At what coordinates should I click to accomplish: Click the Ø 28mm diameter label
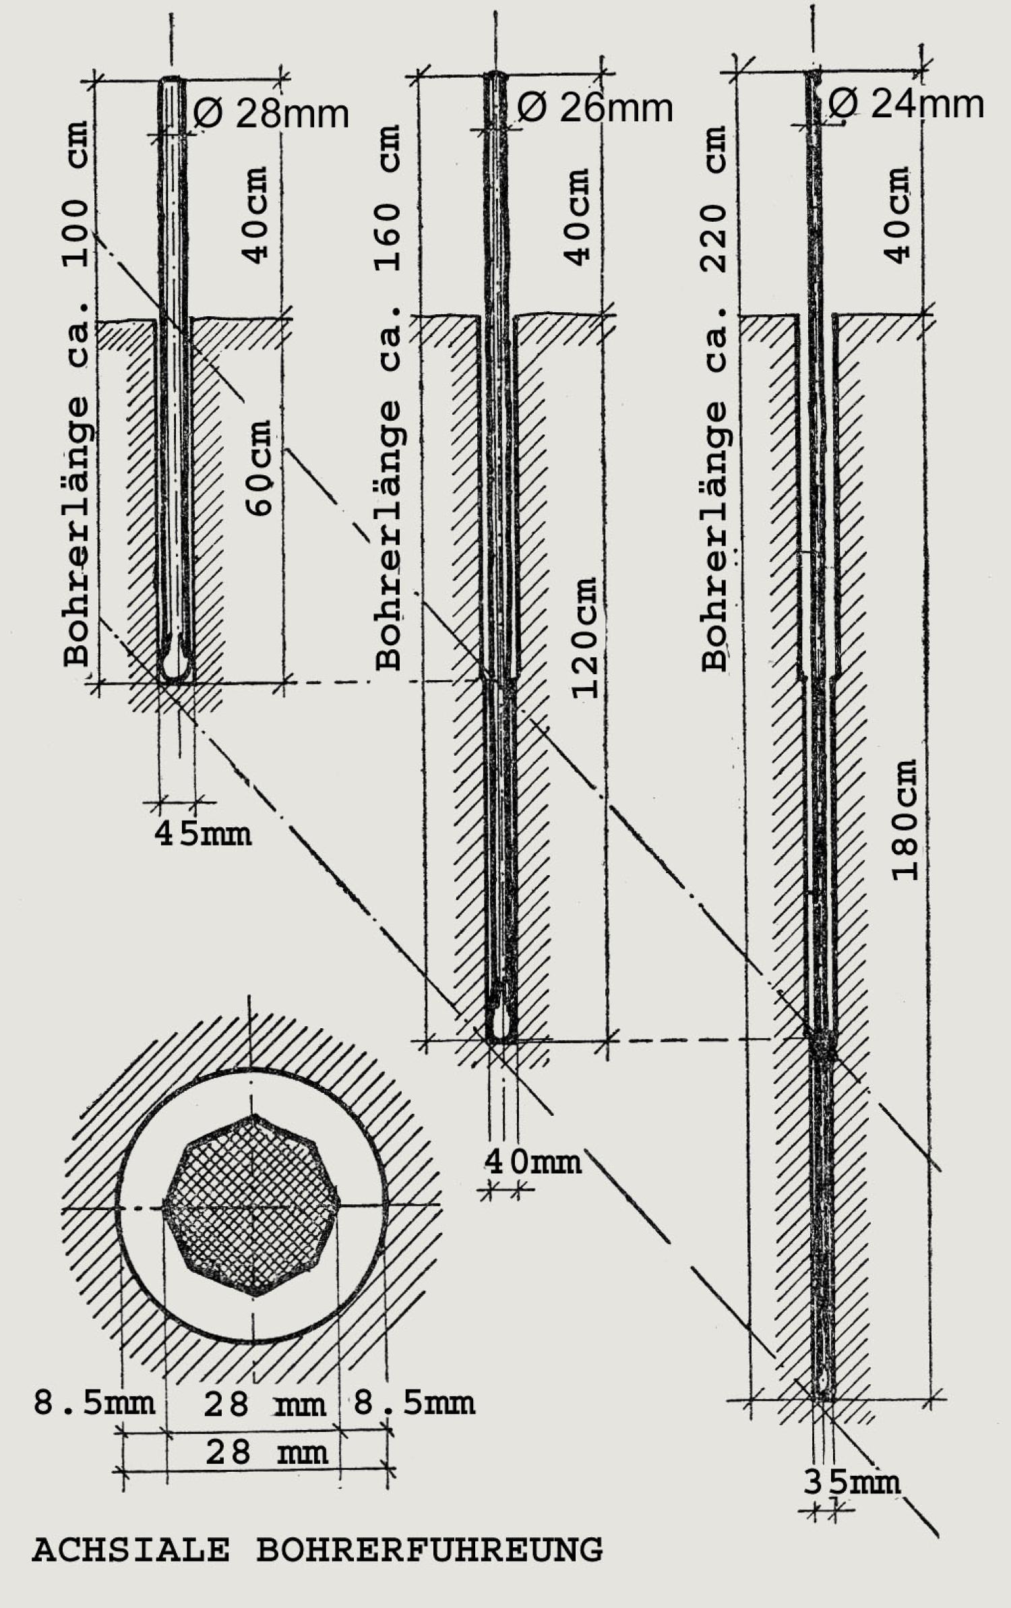tap(272, 113)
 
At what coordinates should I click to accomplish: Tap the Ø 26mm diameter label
tap(596, 108)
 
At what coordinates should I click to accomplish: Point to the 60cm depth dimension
tap(258, 468)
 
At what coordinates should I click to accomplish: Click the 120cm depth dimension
tap(584, 637)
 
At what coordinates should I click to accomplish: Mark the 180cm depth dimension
tap(905, 820)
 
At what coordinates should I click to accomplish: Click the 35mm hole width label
tap(852, 1481)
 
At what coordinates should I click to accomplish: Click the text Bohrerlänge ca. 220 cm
tap(714, 398)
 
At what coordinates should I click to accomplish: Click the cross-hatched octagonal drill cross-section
tap(253, 1205)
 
